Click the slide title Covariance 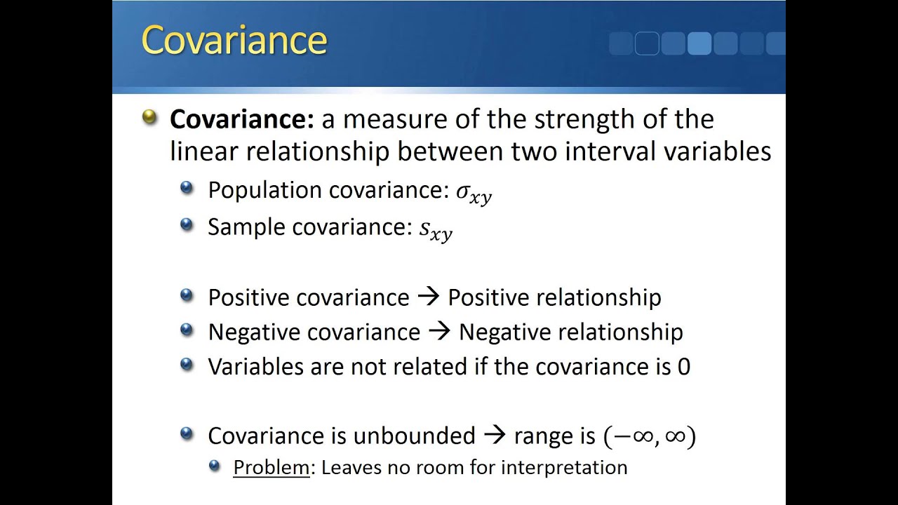click(x=234, y=41)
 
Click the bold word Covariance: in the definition click(x=241, y=119)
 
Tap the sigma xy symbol click(x=474, y=193)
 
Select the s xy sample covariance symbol click(x=436, y=229)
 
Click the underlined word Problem click(x=271, y=467)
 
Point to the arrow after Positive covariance click(x=428, y=297)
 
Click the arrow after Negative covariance click(x=439, y=331)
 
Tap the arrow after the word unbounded click(x=495, y=436)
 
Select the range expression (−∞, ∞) click(x=649, y=436)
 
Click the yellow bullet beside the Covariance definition click(x=149, y=116)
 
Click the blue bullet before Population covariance click(x=187, y=188)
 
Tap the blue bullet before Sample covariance click(x=187, y=224)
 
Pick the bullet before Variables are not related click(x=187, y=364)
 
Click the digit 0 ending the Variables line click(x=683, y=366)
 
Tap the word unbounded click(x=414, y=436)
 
